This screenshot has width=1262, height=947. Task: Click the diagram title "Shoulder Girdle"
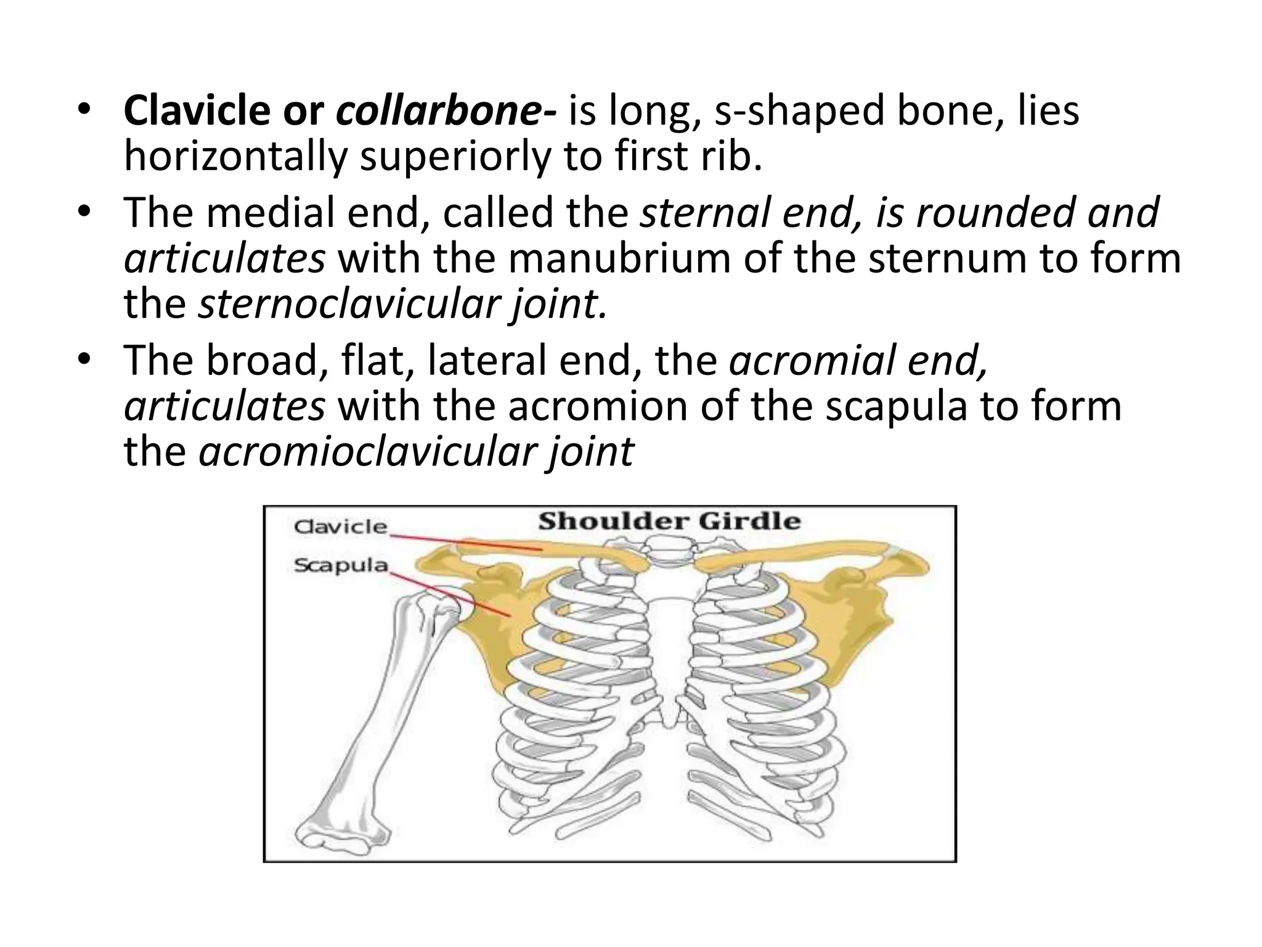coord(669,522)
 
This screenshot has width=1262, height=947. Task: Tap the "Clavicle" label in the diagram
coord(340,527)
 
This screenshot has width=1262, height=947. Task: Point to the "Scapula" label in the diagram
coord(340,565)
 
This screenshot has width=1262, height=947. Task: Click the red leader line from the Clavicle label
coord(468,542)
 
